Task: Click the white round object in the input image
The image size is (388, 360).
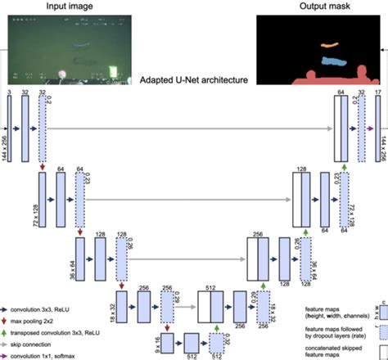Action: [x=61, y=77]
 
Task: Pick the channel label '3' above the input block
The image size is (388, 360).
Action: [x=7, y=95]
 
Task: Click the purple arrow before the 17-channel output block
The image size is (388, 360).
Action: [x=369, y=128]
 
